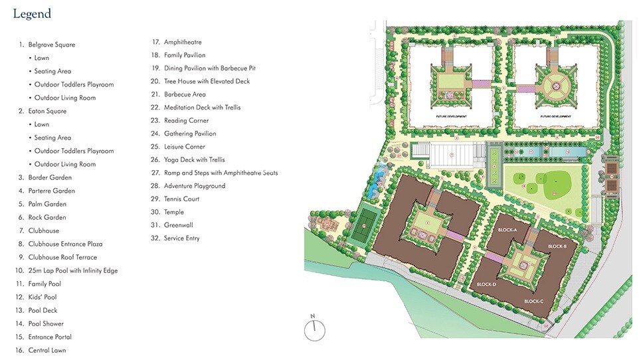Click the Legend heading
[x=32, y=14]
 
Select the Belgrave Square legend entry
[x=51, y=45]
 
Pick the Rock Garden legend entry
[x=46, y=217]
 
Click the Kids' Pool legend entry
[x=43, y=297]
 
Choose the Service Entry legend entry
[x=181, y=238]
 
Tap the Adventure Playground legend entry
[x=195, y=186]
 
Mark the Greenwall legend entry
[x=179, y=225]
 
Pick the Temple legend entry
[x=175, y=212]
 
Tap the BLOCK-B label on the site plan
[x=557, y=246]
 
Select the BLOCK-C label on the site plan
[x=533, y=302]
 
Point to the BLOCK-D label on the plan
[x=486, y=284]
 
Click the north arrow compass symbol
[x=315, y=329]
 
